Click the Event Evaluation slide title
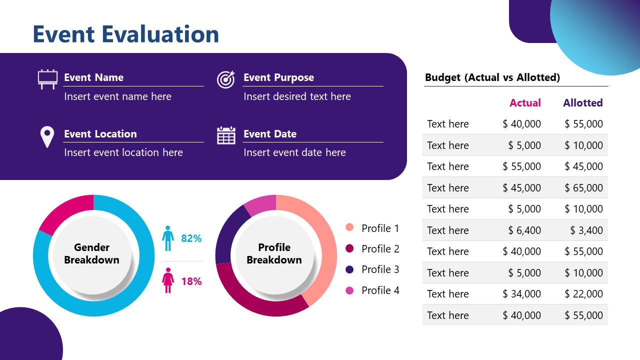(125, 34)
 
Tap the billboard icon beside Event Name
(47, 79)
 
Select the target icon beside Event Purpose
(225, 79)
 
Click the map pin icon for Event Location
(47, 136)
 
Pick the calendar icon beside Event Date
(226, 135)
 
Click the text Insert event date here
(294, 152)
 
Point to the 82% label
(191, 238)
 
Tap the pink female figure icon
(168, 280)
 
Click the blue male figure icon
(168, 238)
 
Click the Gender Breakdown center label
(91, 253)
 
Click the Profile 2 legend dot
(349, 248)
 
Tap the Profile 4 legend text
(380, 290)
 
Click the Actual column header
(525, 103)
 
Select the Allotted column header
(582, 103)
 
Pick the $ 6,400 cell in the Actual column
(524, 230)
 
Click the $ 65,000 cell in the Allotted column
(583, 188)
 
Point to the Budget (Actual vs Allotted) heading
(492, 77)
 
